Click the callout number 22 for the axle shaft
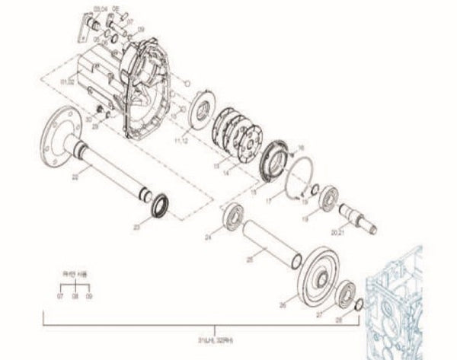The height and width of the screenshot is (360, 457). click(x=75, y=177)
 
